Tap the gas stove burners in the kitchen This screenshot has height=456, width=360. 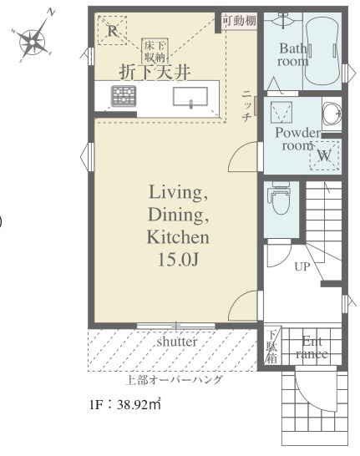[x=124, y=96]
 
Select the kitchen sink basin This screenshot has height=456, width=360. [x=190, y=97]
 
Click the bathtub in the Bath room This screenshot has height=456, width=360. [x=322, y=51]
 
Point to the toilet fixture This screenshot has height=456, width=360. [x=281, y=198]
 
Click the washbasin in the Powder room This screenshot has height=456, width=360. [x=332, y=114]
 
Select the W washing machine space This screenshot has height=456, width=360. [x=325, y=155]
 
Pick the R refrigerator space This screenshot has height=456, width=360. [x=112, y=30]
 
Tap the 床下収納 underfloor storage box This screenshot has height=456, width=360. [x=155, y=51]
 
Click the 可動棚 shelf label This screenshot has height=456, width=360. [x=239, y=21]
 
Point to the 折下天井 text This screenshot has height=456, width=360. [x=155, y=72]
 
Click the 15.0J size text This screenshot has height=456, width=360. [x=178, y=260]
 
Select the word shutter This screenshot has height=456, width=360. [x=177, y=342]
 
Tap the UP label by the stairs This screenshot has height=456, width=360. [x=302, y=266]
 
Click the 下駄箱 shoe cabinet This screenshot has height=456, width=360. [x=272, y=346]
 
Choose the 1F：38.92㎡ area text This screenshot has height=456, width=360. [x=125, y=404]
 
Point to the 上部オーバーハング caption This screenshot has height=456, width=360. [x=174, y=380]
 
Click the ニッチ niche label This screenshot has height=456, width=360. [x=246, y=106]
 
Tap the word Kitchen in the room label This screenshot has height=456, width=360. [x=178, y=237]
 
